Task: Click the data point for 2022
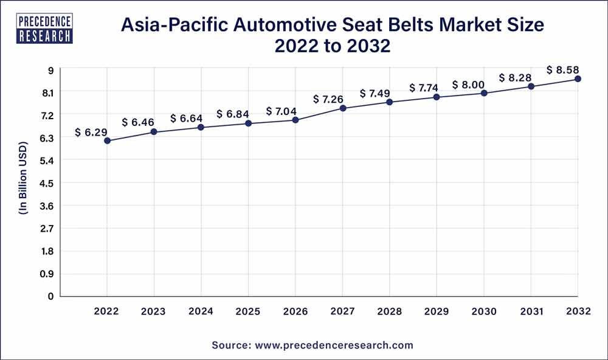click(x=107, y=140)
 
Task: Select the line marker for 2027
click(x=343, y=108)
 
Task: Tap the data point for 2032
click(x=578, y=78)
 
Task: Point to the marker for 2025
click(x=248, y=123)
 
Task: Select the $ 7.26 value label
click(x=328, y=99)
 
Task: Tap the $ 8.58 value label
click(x=563, y=70)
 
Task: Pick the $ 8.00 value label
click(x=468, y=85)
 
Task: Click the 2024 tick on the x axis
click(x=201, y=311)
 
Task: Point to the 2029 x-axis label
click(x=437, y=311)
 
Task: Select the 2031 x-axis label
click(x=531, y=311)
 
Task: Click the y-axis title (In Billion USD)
click(x=22, y=182)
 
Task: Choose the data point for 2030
click(x=484, y=93)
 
